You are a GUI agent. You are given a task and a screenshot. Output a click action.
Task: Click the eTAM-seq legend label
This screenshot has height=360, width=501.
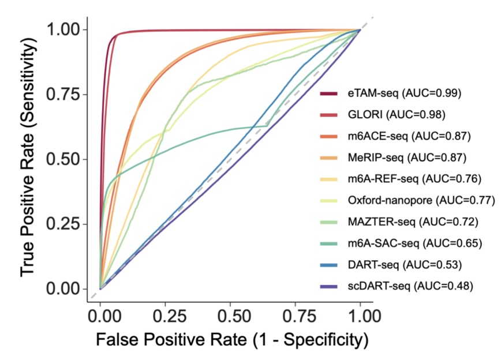coord(403,92)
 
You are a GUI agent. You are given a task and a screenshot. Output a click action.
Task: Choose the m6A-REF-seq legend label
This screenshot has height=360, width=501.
coord(414,179)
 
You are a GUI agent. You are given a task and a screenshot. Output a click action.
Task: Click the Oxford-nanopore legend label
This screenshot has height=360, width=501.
coord(421,201)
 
